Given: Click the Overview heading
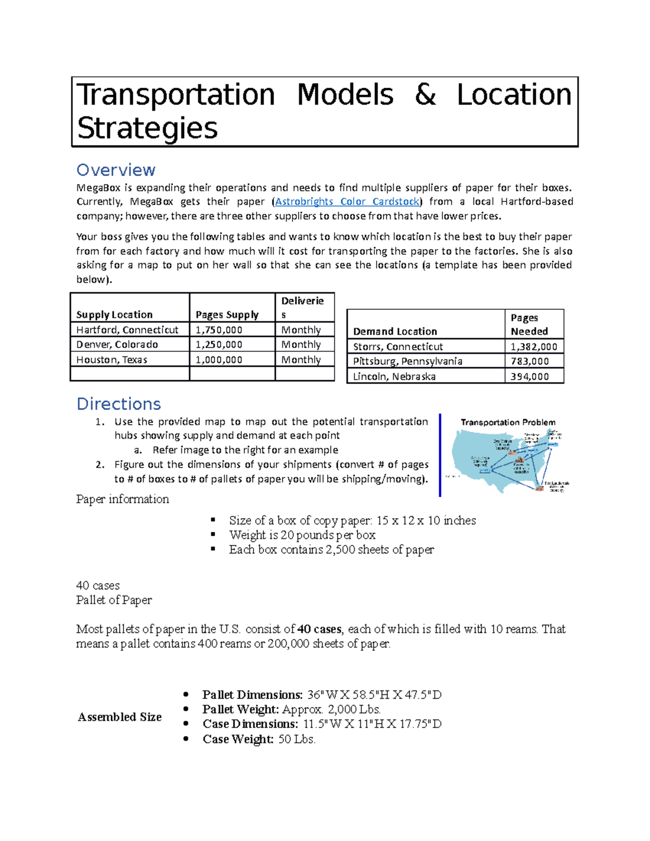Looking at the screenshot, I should click(x=115, y=170).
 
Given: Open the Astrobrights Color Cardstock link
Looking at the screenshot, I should click(x=347, y=201).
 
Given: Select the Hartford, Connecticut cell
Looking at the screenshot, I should click(x=127, y=330).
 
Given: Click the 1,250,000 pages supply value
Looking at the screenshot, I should click(x=219, y=344).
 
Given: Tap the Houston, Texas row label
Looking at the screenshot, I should click(x=112, y=360).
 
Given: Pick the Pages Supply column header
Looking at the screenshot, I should click(x=227, y=315).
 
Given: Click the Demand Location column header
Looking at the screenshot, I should click(x=395, y=331).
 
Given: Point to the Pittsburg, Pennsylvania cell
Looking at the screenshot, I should click(x=407, y=361).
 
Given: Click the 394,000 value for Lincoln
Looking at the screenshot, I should click(x=529, y=376).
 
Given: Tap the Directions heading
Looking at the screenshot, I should click(x=119, y=404).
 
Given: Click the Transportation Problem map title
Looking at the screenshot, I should click(x=508, y=422).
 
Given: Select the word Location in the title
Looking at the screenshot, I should click(x=514, y=95).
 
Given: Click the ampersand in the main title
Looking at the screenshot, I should click(x=425, y=95).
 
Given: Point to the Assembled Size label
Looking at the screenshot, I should click(x=120, y=717).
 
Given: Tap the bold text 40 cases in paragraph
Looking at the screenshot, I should click(x=320, y=629).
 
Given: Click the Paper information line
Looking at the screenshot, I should click(x=122, y=499).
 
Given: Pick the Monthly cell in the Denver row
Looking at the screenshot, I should click(x=301, y=344).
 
